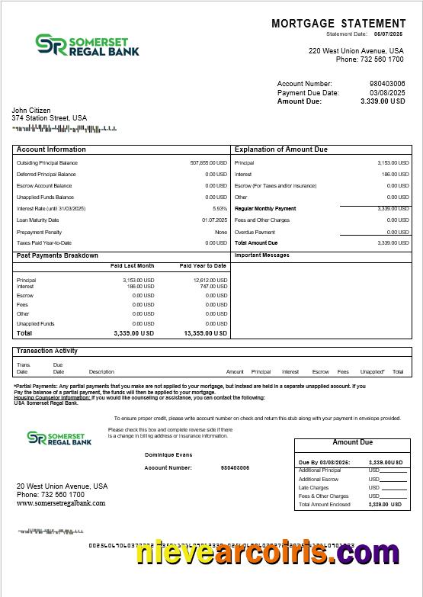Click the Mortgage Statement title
338,24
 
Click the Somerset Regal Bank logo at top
88,45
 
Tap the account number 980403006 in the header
387,84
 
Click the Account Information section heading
51,149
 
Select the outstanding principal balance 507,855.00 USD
208,163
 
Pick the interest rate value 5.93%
220,209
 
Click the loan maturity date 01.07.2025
214,220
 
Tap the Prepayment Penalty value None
221,232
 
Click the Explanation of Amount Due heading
280,149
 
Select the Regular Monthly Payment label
265,209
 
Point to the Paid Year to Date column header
203,266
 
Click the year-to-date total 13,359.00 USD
205,334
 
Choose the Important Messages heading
261,255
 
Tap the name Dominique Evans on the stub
168,455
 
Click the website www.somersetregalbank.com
61,503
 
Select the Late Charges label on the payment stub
313,488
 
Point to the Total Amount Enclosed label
325,505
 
